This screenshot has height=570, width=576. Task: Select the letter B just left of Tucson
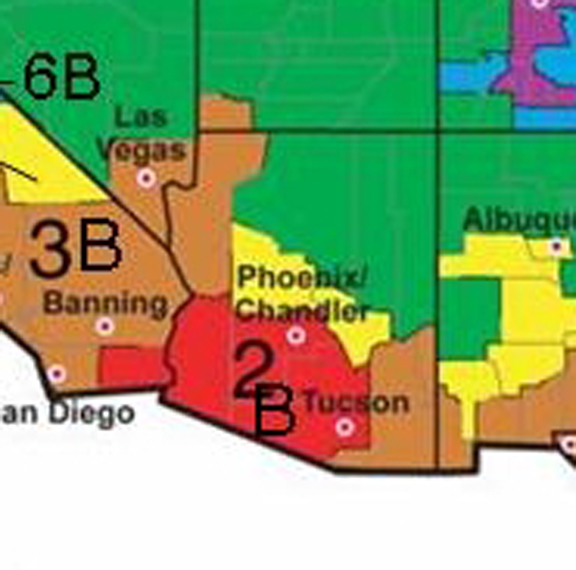coord(273,413)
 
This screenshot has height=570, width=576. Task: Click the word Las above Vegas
coord(140,116)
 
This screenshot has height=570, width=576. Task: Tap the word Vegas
coord(142,150)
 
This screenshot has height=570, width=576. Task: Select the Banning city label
coord(106,301)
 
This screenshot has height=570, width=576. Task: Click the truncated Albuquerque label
coord(519,220)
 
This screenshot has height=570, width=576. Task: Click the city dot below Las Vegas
coord(147,178)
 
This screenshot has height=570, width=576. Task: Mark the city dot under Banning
coord(105,325)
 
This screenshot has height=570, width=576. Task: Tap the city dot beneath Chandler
coord(295,335)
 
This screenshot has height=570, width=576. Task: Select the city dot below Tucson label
coord(345,427)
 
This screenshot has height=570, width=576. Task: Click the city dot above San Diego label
coord(57,374)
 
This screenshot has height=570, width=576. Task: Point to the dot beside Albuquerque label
coord(557,247)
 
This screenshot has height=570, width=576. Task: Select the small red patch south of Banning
coord(130,364)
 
